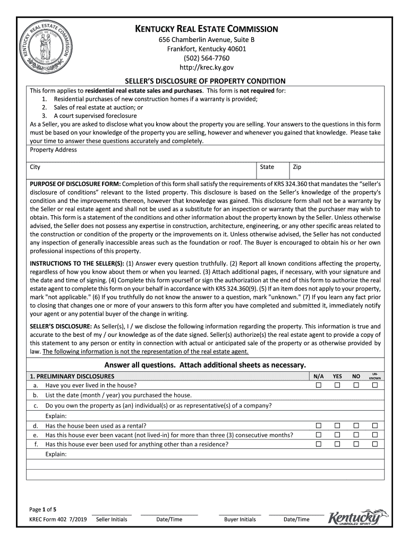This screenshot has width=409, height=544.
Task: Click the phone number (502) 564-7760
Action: pyautogui.click(x=204, y=58)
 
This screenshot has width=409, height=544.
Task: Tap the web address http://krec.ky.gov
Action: pyautogui.click(x=204, y=67)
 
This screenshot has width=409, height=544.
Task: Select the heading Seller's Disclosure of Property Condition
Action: pyautogui.click(x=205, y=81)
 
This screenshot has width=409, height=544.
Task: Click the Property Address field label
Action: pyautogui.click(x=53, y=150)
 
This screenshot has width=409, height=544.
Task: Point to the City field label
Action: pyautogui.click(x=35, y=167)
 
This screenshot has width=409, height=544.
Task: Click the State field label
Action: pyautogui.click(x=267, y=167)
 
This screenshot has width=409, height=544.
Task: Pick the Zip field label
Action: pyautogui.click(x=297, y=167)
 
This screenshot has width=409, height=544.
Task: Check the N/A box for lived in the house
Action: pyautogui.click(x=319, y=385)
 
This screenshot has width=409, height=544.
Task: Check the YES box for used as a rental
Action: pyautogui.click(x=337, y=426)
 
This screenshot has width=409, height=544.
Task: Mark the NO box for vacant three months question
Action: pyautogui.click(x=356, y=435)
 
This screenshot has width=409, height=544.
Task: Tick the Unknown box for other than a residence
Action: pyautogui.click(x=374, y=444)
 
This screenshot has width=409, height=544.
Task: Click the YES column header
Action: pyautogui.click(x=337, y=376)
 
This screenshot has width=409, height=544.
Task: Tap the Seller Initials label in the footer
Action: pyautogui.click(x=112, y=519)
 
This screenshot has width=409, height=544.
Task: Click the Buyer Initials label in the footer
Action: pyautogui.click(x=240, y=519)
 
